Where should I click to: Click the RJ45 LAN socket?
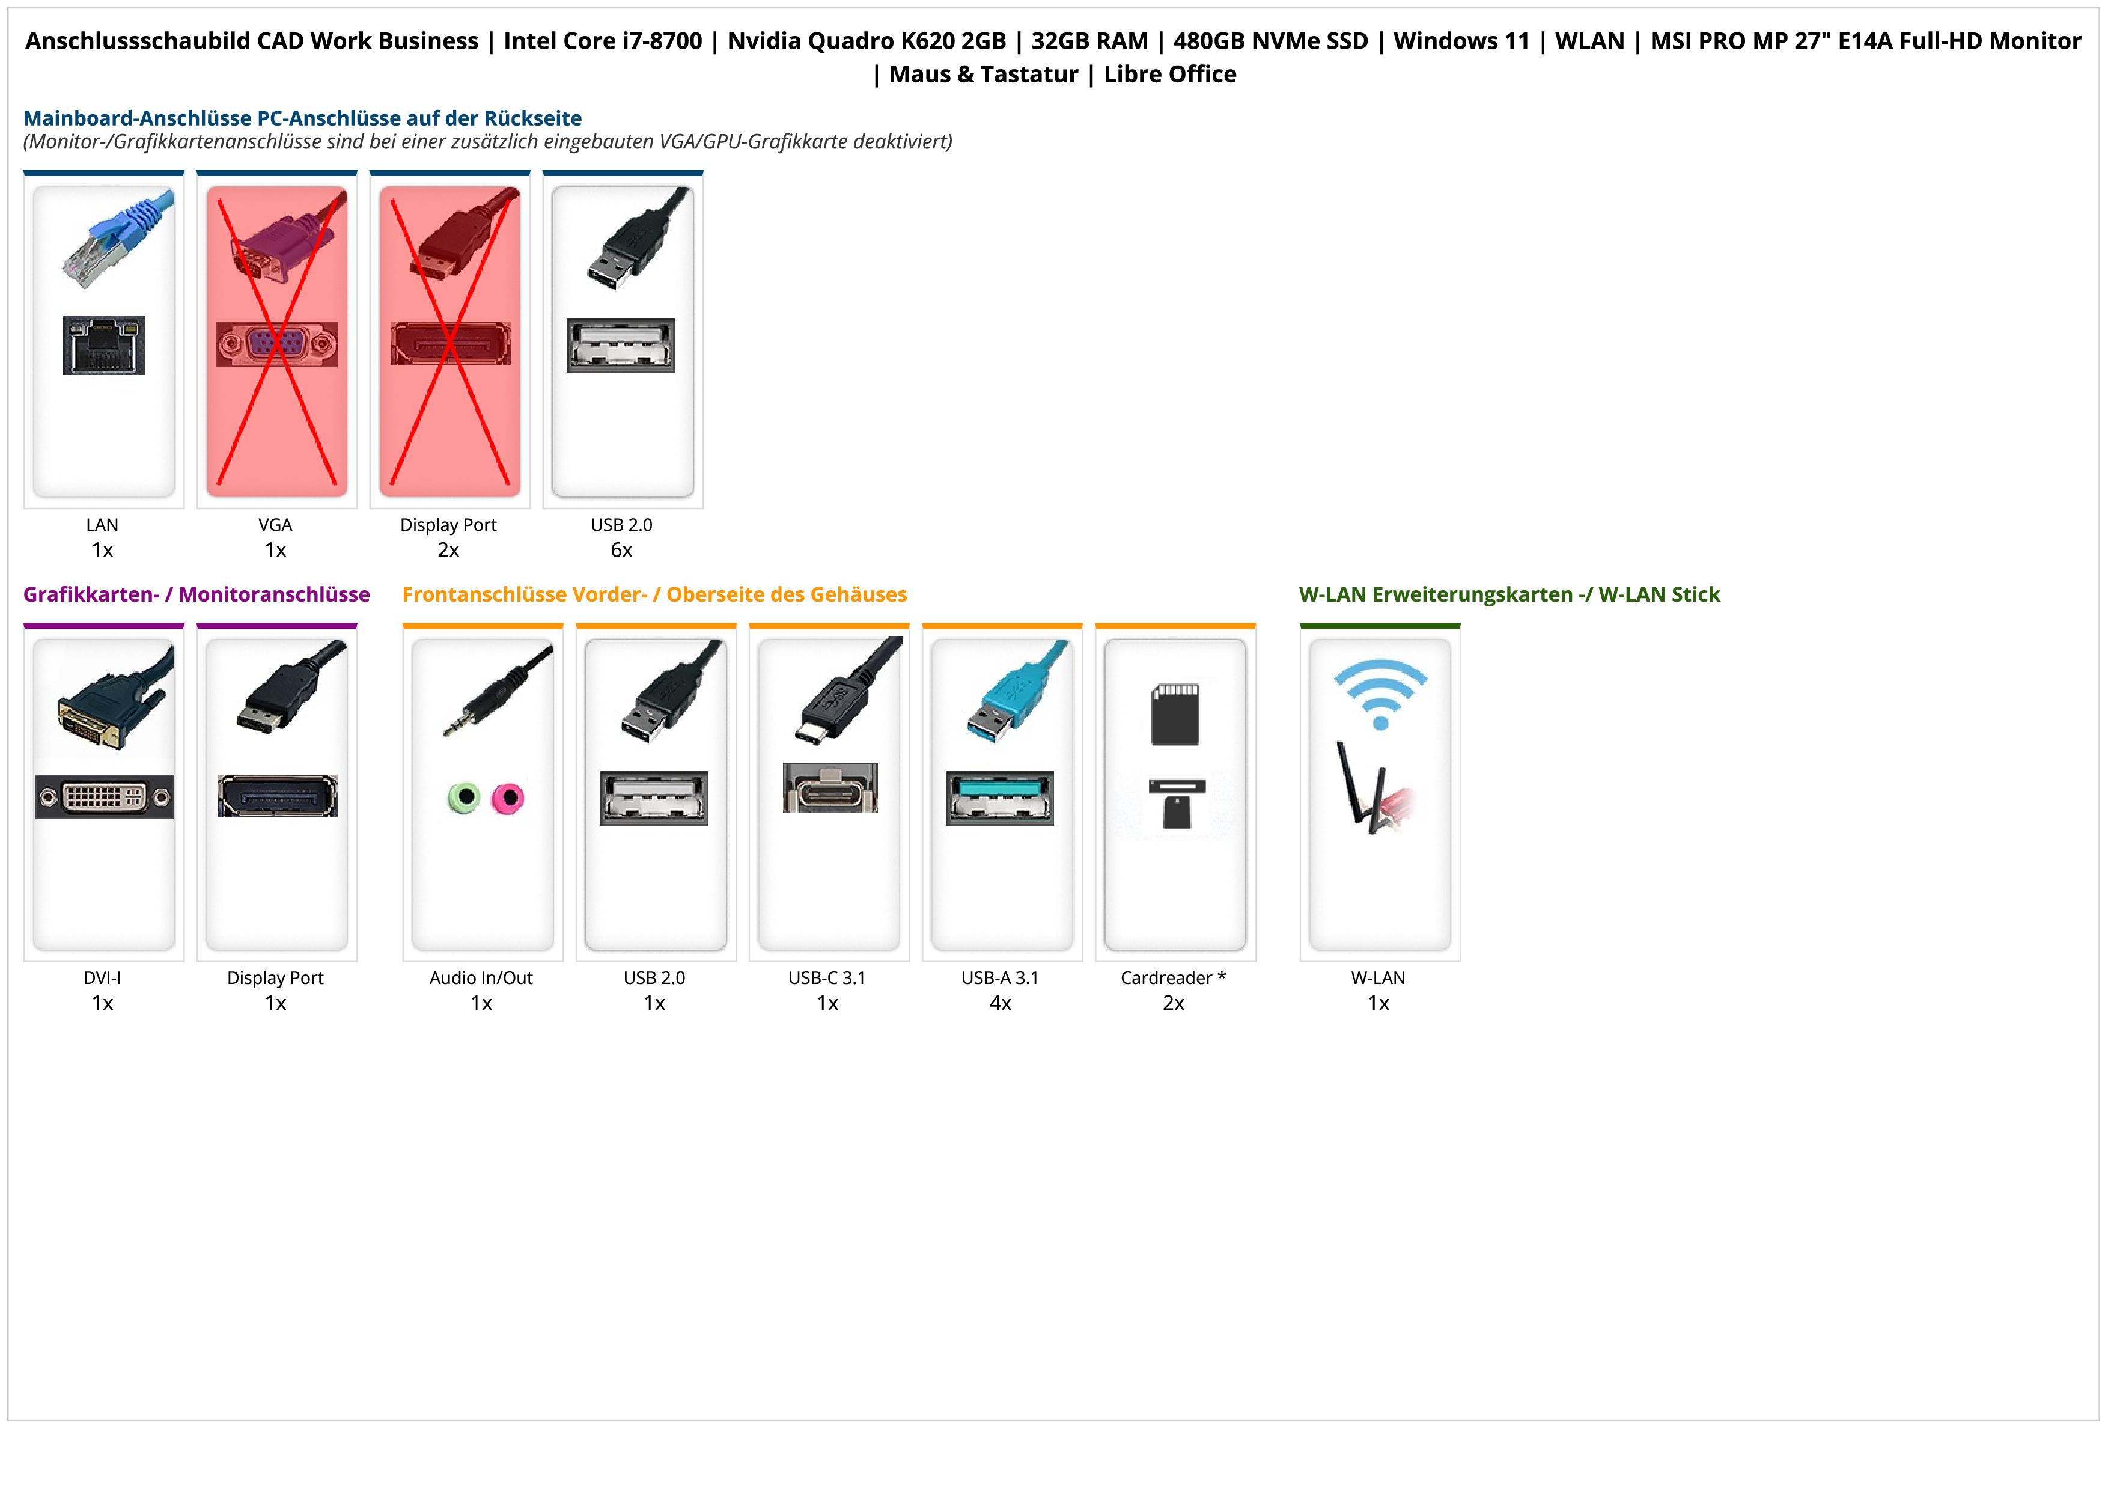[104, 345]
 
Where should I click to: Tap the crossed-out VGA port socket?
[276, 344]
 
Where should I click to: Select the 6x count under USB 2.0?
[621, 550]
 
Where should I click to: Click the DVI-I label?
[102, 978]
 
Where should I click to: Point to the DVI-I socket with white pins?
[104, 797]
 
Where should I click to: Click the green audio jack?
[465, 797]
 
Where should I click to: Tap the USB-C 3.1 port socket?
[830, 789]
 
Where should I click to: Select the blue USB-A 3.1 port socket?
[1000, 798]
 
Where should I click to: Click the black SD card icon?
[1175, 713]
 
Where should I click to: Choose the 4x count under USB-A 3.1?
[1000, 1003]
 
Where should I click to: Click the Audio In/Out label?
[481, 978]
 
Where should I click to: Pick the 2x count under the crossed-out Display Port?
[448, 550]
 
